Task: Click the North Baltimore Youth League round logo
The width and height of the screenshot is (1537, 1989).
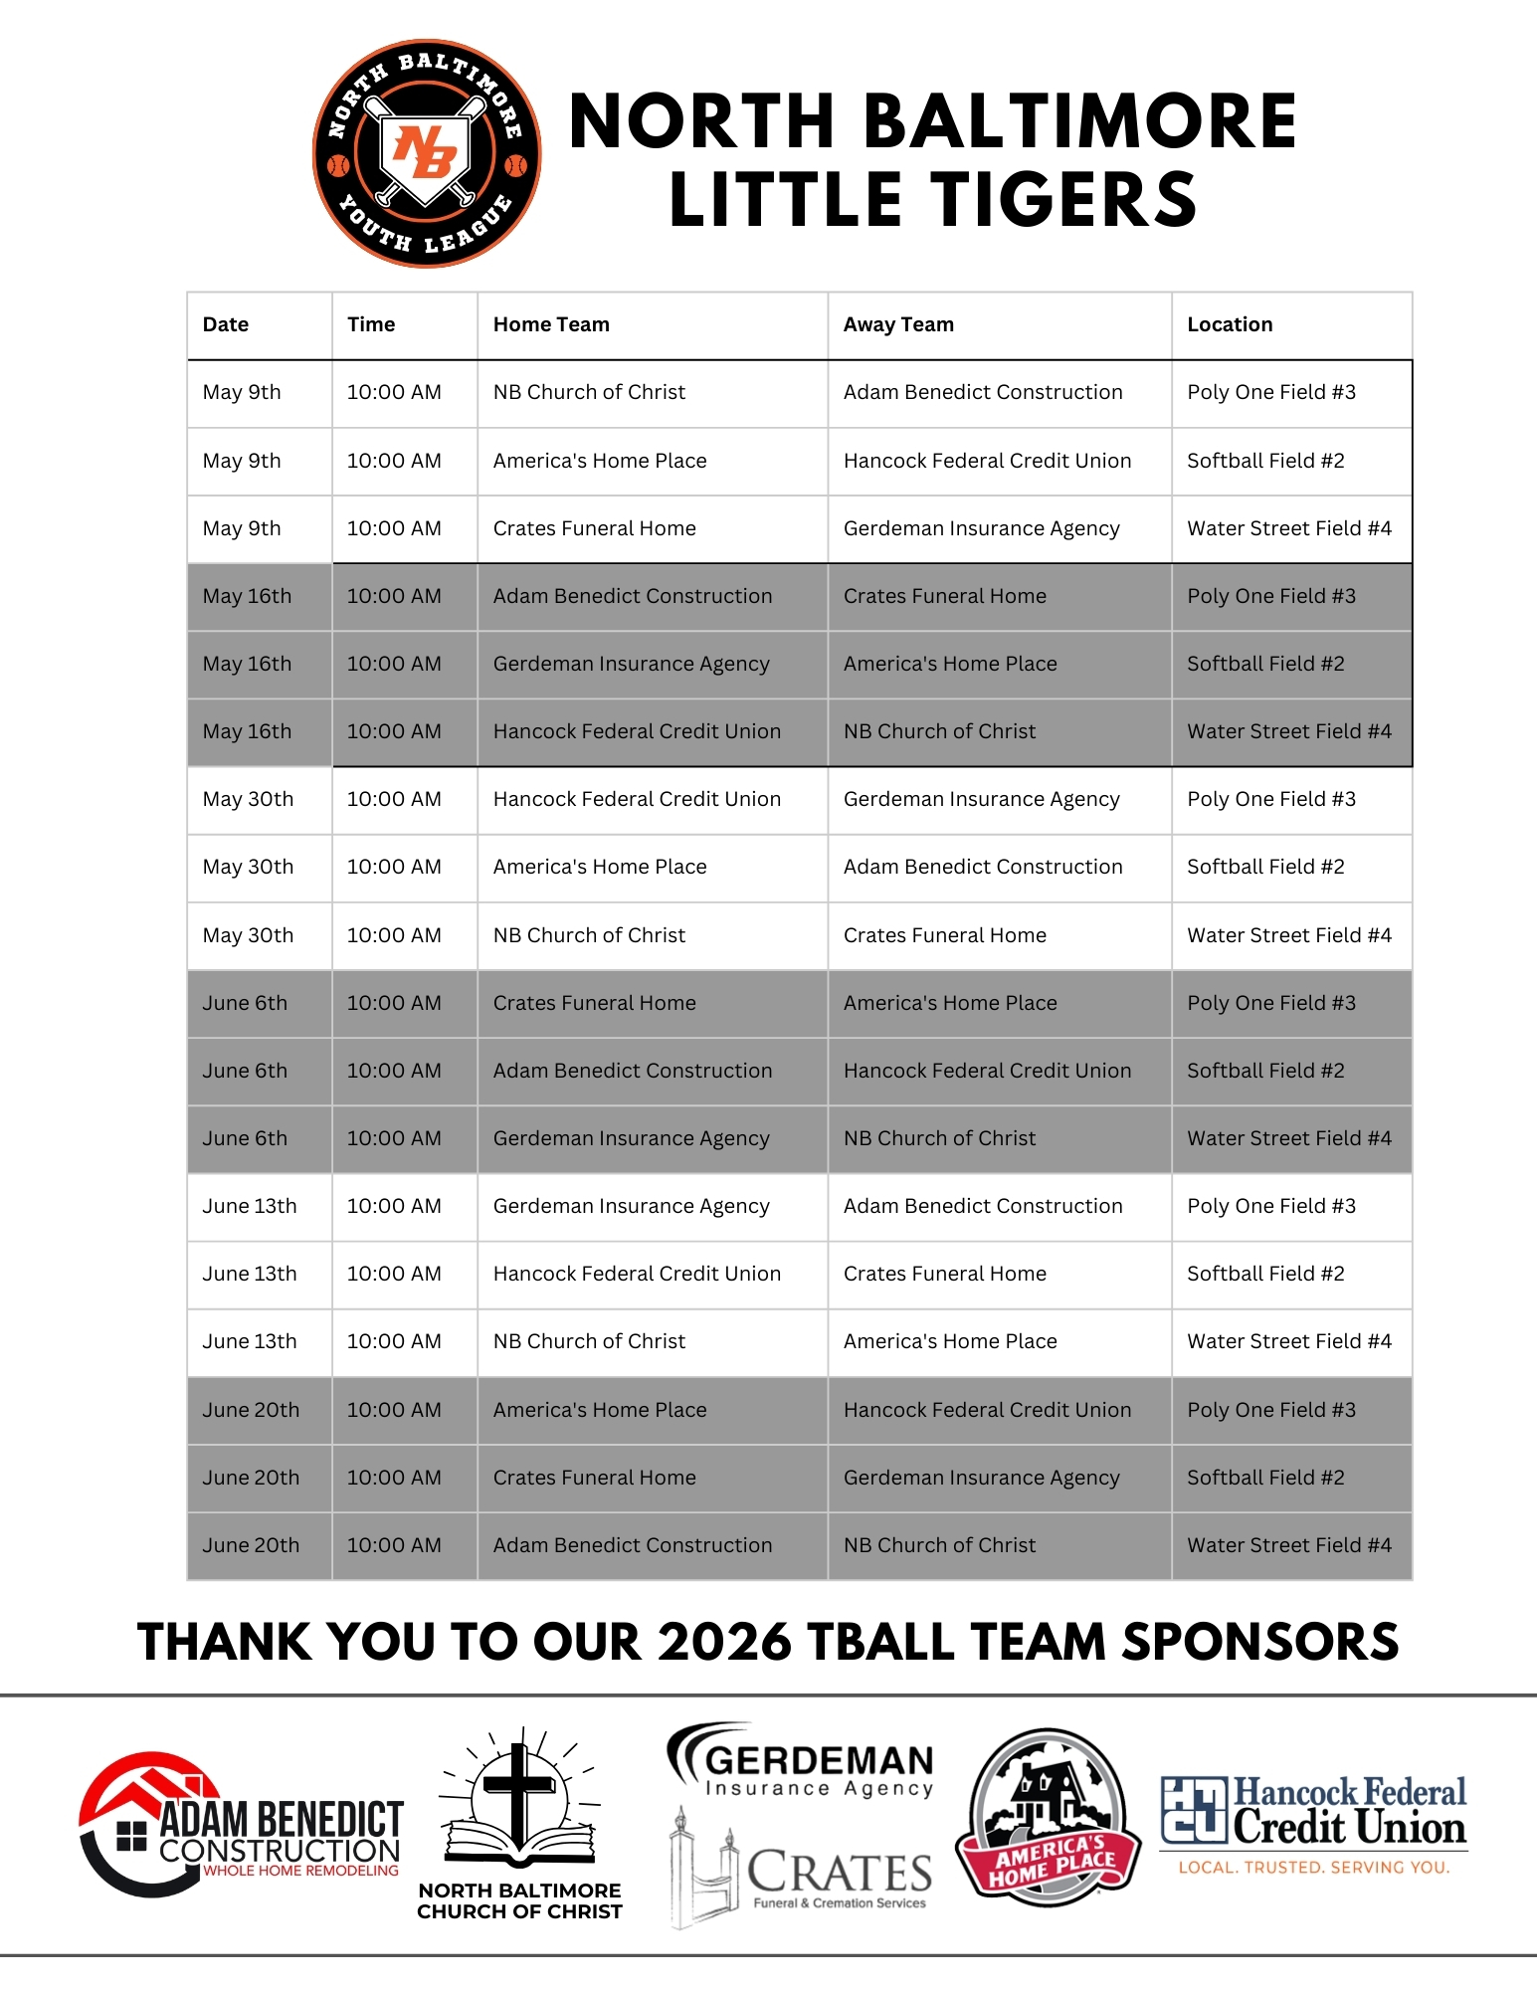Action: (x=427, y=154)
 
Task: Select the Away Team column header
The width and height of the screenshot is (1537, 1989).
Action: (x=898, y=324)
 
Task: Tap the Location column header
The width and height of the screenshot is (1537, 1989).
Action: (x=1230, y=324)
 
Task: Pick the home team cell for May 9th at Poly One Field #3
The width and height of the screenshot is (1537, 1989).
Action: (x=589, y=392)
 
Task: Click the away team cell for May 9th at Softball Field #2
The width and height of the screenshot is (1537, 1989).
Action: (x=987, y=461)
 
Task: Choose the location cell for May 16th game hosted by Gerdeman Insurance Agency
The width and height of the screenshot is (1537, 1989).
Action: (x=1265, y=664)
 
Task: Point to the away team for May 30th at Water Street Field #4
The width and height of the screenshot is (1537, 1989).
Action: (x=944, y=935)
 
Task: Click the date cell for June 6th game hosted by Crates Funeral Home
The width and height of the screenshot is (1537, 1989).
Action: (x=245, y=1003)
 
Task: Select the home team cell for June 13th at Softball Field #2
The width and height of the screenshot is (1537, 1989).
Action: (x=637, y=1274)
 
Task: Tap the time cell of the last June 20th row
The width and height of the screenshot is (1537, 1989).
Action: (x=394, y=1545)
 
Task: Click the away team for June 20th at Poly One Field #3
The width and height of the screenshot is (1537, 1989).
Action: (x=987, y=1410)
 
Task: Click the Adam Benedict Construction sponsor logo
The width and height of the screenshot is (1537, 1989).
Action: (x=242, y=1825)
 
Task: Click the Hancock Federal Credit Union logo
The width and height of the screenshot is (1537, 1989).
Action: (x=1313, y=1811)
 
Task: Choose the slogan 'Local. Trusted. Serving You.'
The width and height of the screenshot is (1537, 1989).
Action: (x=1313, y=1868)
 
